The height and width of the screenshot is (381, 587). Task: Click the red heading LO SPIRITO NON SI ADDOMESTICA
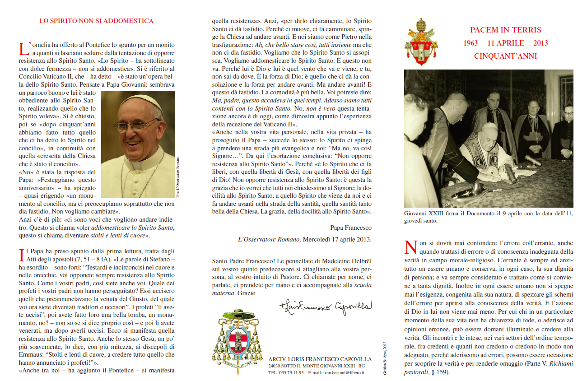(96, 21)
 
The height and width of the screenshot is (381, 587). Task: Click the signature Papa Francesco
(351, 228)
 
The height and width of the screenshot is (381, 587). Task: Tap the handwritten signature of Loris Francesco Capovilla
(325, 307)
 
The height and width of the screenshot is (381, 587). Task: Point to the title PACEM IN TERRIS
(505, 30)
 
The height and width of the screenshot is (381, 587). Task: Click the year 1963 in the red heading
(471, 43)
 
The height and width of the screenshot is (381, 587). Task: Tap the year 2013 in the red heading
(540, 43)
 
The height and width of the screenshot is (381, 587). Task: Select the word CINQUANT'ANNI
(505, 56)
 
